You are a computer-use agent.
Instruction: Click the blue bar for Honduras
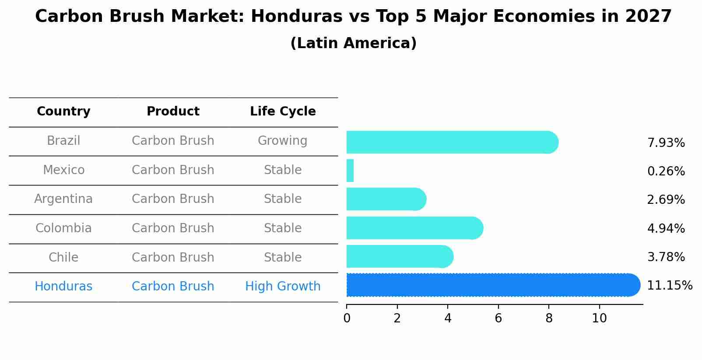click(x=493, y=285)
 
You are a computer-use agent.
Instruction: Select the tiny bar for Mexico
click(x=350, y=171)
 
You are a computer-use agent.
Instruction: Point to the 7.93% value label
click(x=666, y=143)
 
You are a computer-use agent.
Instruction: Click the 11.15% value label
click(x=669, y=286)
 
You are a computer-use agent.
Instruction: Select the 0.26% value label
click(x=666, y=171)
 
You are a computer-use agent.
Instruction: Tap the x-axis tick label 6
click(x=498, y=318)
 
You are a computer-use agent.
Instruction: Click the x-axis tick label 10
click(x=599, y=318)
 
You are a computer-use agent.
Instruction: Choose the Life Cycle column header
click(x=283, y=112)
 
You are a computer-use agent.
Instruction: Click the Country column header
click(x=63, y=112)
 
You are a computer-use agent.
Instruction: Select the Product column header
click(x=173, y=112)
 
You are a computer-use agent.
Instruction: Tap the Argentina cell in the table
click(x=63, y=199)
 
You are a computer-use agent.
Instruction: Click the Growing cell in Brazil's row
click(x=282, y=141)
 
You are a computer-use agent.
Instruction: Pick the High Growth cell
click(x=283, y=287)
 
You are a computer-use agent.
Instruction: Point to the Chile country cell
click(x=63, y=257)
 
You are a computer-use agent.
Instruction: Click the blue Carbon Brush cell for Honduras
click(x=173, y=287)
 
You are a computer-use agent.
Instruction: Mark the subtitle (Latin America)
click(x=353, y=43)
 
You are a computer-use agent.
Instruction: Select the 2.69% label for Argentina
click(x=666, y=200)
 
